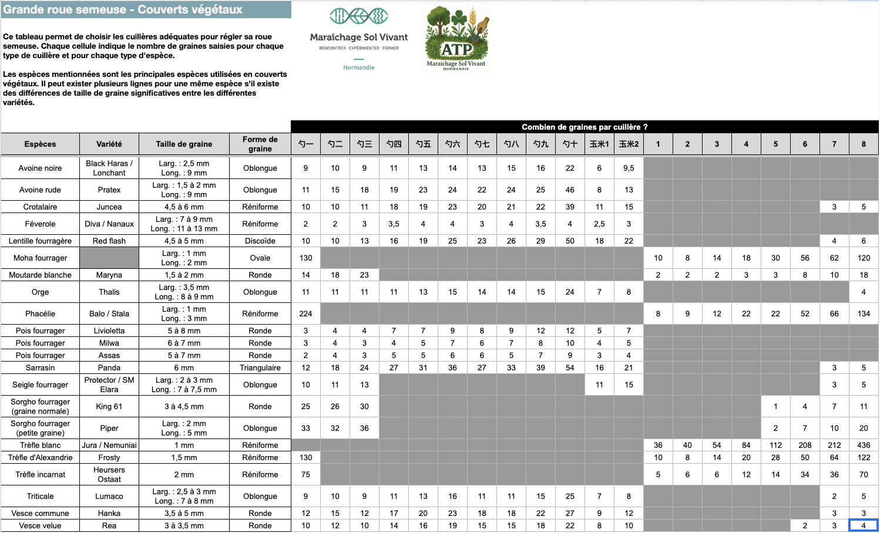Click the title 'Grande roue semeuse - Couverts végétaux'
pyautogui.click(x=123, y=9)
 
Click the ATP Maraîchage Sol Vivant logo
pyautogui.click(x=456, y=38)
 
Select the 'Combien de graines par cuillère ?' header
pyautogui.click(x=585, y=127)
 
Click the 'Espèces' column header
pyautogui.click(x=40, y=144)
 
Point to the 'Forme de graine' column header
pyautogui.click(x=260, y=144)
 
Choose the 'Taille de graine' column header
pyautogui.click(x=184, y=144)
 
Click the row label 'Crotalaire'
pyautogui.click(x=40, y=207)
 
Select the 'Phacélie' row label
pyautogui.click(x=40, y=313)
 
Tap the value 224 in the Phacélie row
pyautogui.click(x=305, y=313)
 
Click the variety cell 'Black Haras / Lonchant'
pyautogui.click(x=109, y=168)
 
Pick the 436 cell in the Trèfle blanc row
pyautogui.click(x=864, y=445)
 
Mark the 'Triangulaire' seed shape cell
pyautogui.click(x=260, y=367)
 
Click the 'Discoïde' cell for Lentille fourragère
pyautogui.click(x=260, y=241)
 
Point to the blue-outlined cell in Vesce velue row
pyautogui.click(x=864, y=525)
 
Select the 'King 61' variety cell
pyautogui.click(x=109, y=406)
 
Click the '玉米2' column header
pyautogui.click(x=629, y=144)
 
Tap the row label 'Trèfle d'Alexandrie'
pyautogui.click(x=40, y=457)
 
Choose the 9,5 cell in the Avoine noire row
pyautogui.click(x=629, y=168)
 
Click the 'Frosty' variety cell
pyautogui.click(x=109, y=457)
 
